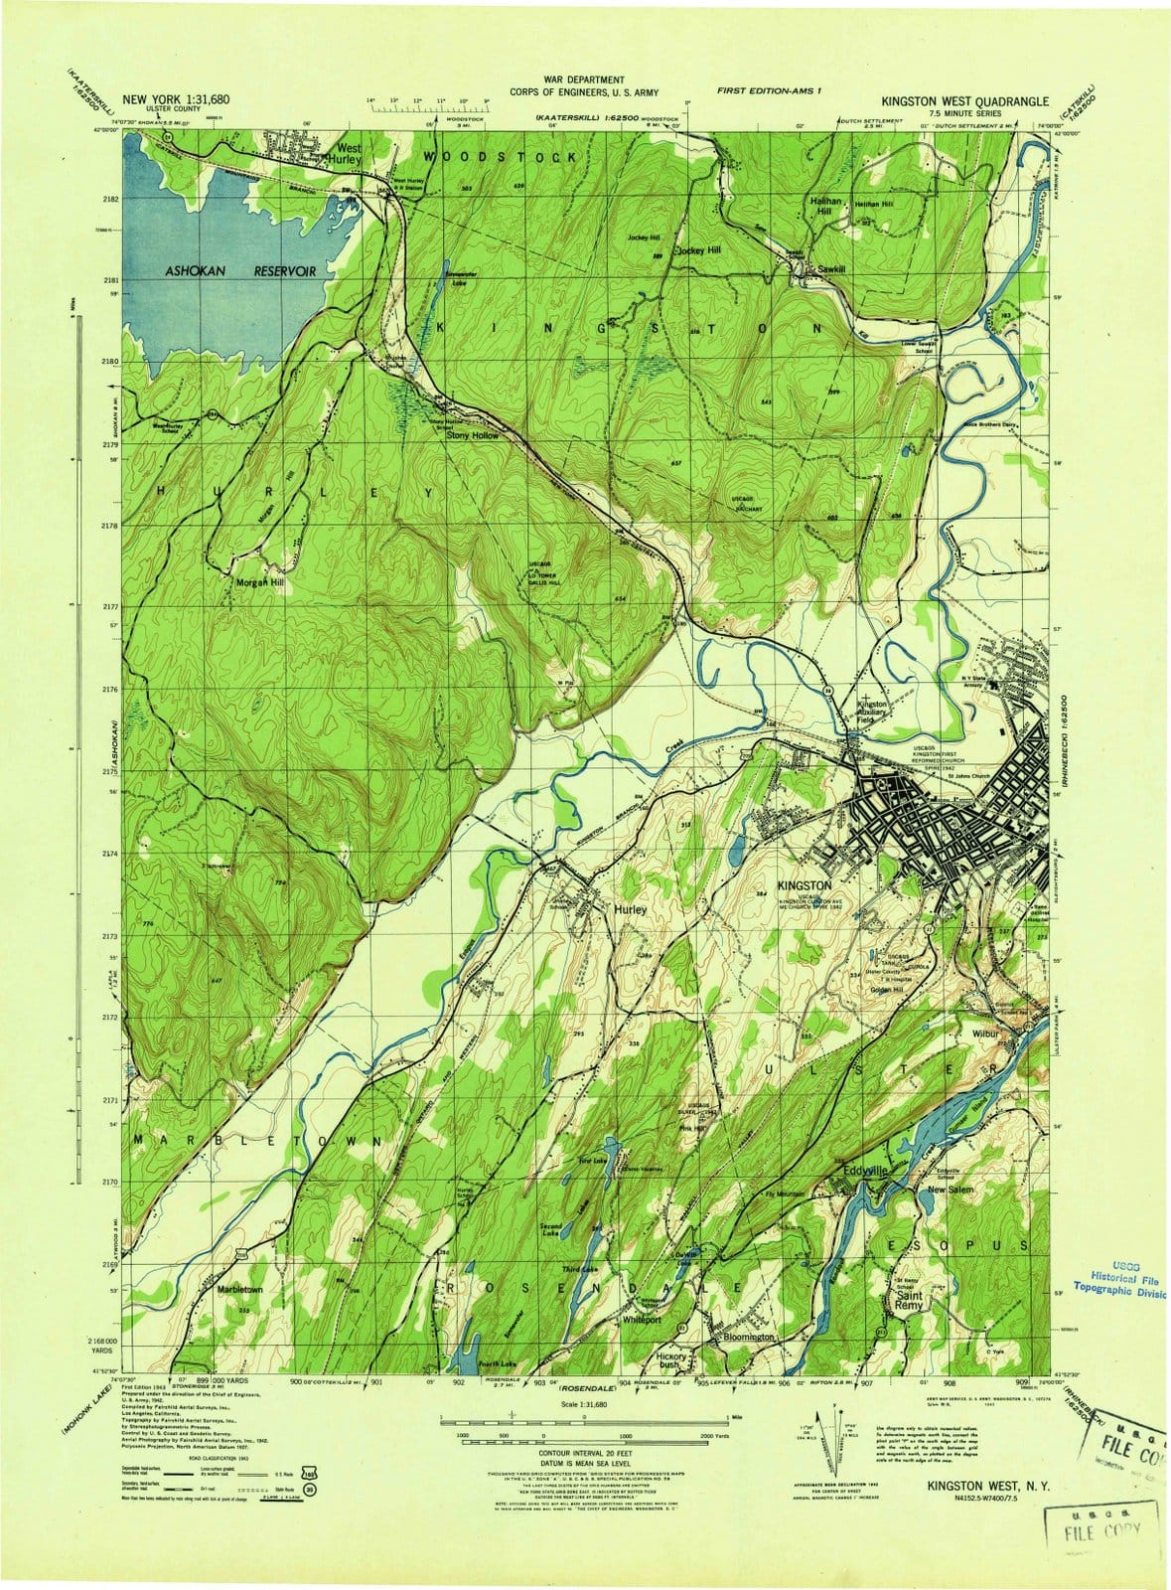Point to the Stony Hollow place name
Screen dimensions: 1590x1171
click(x=472, y=435)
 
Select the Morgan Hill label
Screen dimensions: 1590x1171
click(x=259, y=582)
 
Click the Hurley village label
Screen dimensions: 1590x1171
click(x=630, y=909)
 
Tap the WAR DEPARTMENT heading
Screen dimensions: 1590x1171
click(x=583, y=79)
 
